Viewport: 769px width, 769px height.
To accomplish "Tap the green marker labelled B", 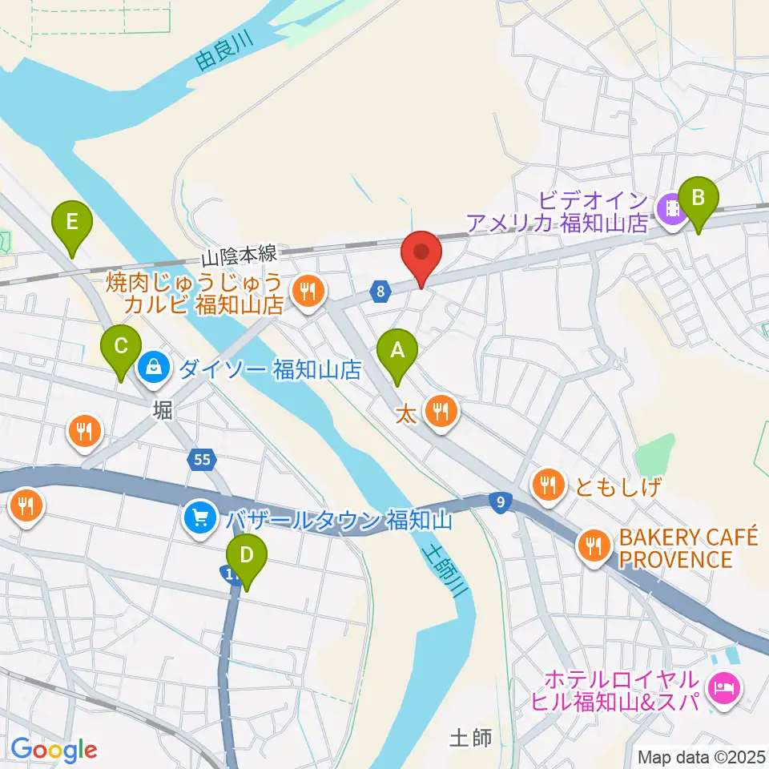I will coord(698,197).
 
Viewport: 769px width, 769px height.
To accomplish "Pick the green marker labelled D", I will coord(246,554).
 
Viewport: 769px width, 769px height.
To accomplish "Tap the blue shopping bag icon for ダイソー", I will coord(151,368).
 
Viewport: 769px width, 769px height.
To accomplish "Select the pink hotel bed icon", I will coord(724,686).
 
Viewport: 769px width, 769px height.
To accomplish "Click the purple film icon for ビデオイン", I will coord(670,209).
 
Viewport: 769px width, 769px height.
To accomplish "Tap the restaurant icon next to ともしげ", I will coord(547,485).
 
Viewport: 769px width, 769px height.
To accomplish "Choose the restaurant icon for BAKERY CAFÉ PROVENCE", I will coord(593,546).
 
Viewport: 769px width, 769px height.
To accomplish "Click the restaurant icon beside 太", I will coord(440,413).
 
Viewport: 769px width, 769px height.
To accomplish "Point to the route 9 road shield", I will coord(500,502).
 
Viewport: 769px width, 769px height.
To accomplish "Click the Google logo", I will coord(53,750).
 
